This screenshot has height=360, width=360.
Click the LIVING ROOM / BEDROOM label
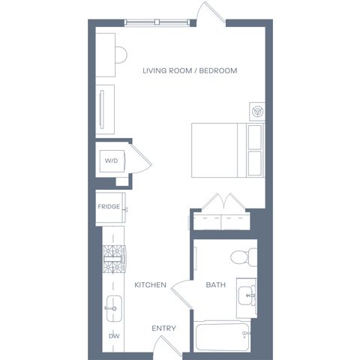pos(190,70)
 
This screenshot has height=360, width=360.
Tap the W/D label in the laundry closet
pos(111,160)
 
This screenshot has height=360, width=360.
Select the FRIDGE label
pos(109,206)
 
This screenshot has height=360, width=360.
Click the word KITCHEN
pos(150,285)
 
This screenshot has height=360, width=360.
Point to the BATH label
pos(216,285)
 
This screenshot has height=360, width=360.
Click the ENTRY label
pos(163,328)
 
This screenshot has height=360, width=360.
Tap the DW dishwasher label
pos(114,336)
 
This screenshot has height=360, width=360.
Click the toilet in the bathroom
pos(244,256)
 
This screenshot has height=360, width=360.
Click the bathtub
pos(222,337)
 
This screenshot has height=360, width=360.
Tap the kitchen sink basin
pos(114,309)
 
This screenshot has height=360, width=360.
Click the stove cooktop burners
pos(114,259)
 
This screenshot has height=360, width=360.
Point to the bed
pos(228,150)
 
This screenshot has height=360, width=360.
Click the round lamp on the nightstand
pos(257,111)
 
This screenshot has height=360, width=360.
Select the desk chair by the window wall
pos(121,55)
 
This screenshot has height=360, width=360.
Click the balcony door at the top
pos(211,13)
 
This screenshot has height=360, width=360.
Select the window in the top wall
pos(157,22)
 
